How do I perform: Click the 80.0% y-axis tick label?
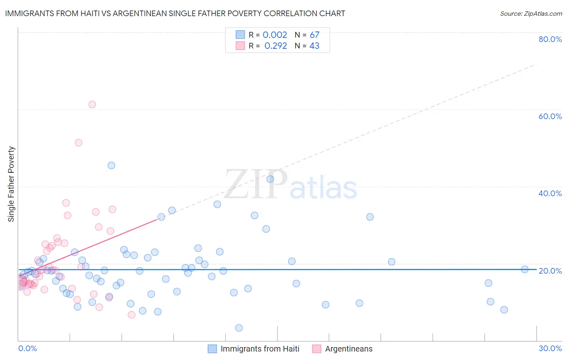[550, 39]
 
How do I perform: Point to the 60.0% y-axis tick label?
[550, 116]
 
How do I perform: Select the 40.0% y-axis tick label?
[550, 193]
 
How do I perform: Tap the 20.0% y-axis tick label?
[550, 271]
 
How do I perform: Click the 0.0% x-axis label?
[27, 348]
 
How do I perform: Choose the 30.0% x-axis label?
[550, 348]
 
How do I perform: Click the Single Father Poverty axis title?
[11, 184]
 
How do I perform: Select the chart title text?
[175, 13]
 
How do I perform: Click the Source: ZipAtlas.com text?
[531, 14]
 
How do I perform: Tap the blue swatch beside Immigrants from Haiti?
[212, 349]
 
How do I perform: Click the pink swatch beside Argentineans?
[317, 349]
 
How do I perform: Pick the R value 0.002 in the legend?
[275, 35]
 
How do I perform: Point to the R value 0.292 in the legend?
[275, 46]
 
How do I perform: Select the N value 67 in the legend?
[314, 35]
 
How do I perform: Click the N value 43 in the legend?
[314, 46]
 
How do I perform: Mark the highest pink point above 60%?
[92, 105]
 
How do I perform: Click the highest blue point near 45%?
[111, 165]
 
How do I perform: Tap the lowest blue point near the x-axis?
[239, 328]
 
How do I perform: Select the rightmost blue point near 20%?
[525, 270]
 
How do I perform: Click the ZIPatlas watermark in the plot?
[290, 185]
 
